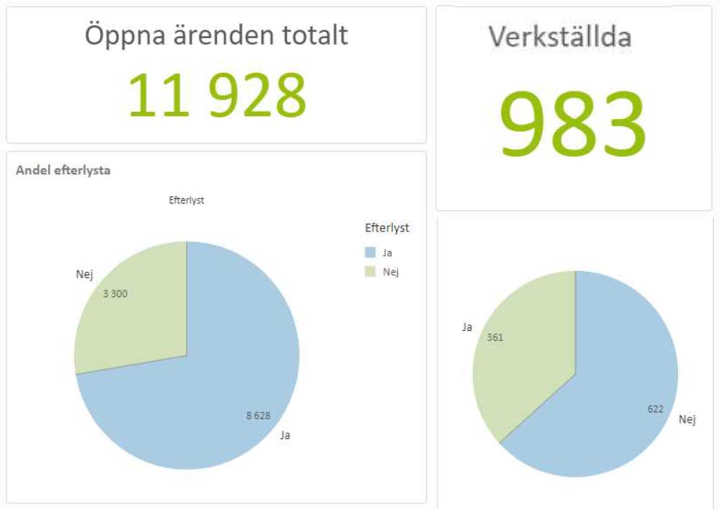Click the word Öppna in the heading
tap(124, 35)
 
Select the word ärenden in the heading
tap(224, 35)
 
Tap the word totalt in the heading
tap(315, 35)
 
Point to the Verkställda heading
tap(560, 36)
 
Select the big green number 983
tap(573, 124)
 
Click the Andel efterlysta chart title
tap(63, 171)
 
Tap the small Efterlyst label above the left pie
tap(186, 200)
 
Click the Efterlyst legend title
tap(387, 228)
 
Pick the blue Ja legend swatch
tap(370, 252)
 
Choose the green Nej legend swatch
tap(370, 271)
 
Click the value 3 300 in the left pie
tap(115, 293)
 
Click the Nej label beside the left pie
tap(84, 274)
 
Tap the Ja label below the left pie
tap(285, 435)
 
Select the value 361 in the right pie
tap(495, 337)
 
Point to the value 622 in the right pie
tap(655, 409)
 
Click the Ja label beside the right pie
tap(467, 327)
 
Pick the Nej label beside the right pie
tap(688, 419)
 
